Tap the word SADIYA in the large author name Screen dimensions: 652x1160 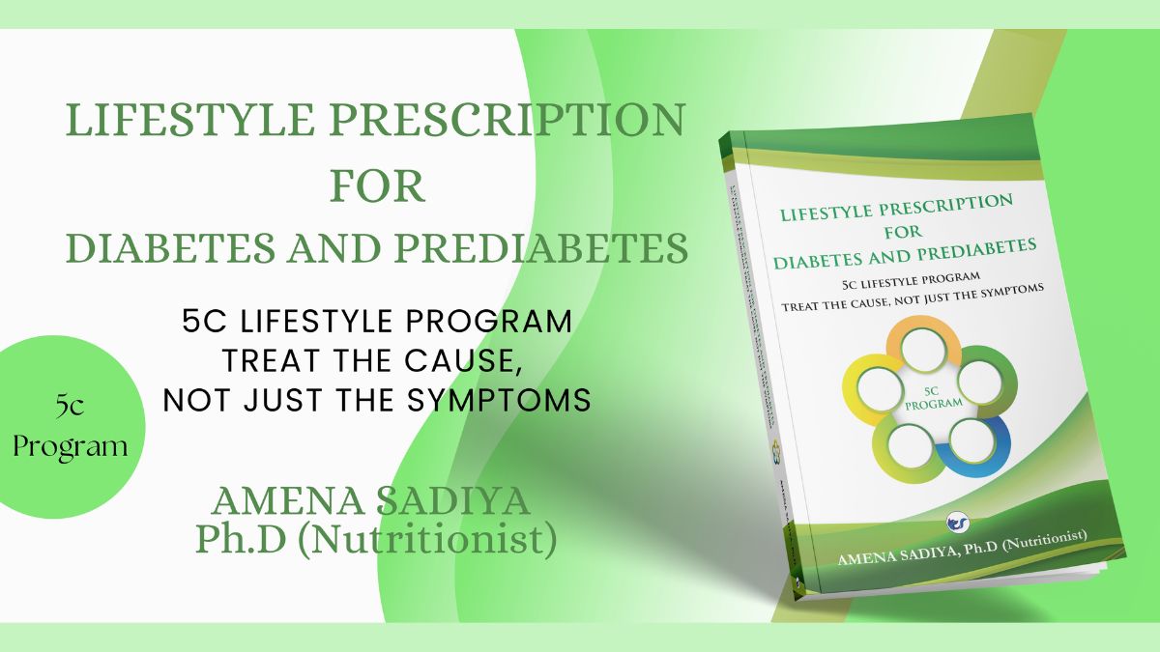(469, 501)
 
